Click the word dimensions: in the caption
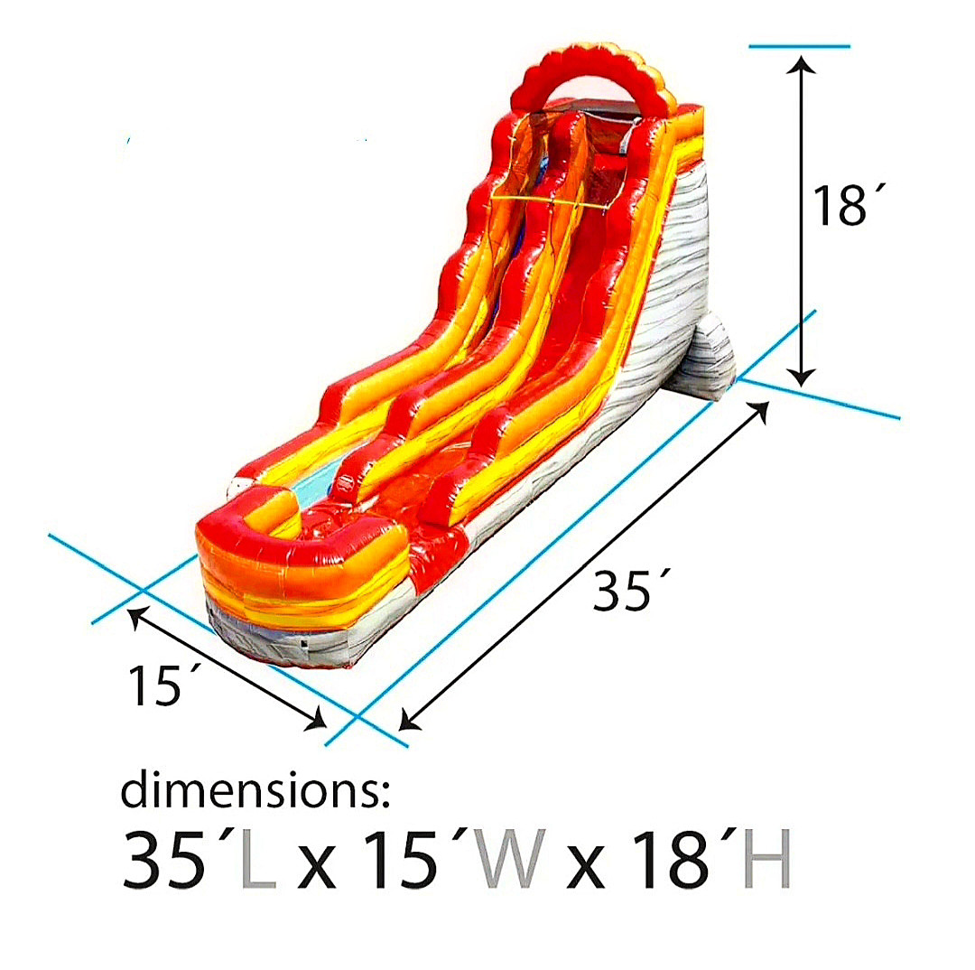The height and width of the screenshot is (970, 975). pyautogui.click(x=255, y=790)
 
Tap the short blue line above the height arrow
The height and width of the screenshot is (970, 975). pyautogui.click(x=799, y=45)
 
